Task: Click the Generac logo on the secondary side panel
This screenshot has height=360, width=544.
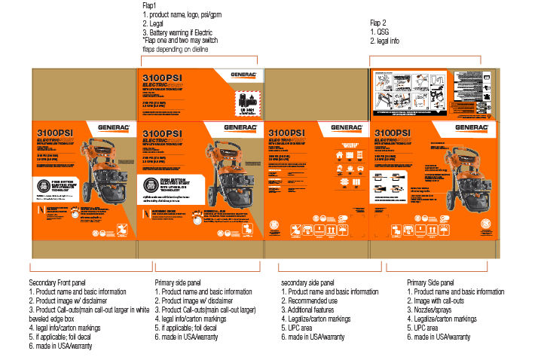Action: click(346, 129)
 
